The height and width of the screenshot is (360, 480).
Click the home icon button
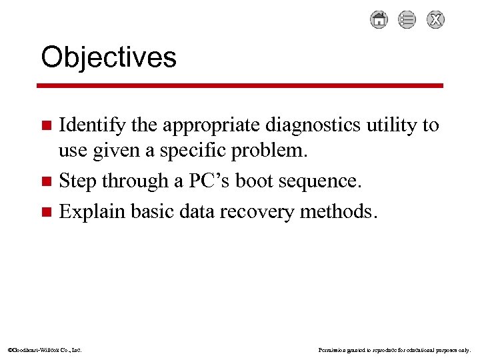click(x=379, y=20)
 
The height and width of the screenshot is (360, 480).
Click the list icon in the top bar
click(x=407, y=20)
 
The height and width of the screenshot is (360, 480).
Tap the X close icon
click(x=435, y=20)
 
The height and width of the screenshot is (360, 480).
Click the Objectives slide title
click(x=109, y=57)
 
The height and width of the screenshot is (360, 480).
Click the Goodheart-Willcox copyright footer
click(x=45, y=349)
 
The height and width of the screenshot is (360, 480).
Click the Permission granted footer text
click(x=395, y=349)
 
